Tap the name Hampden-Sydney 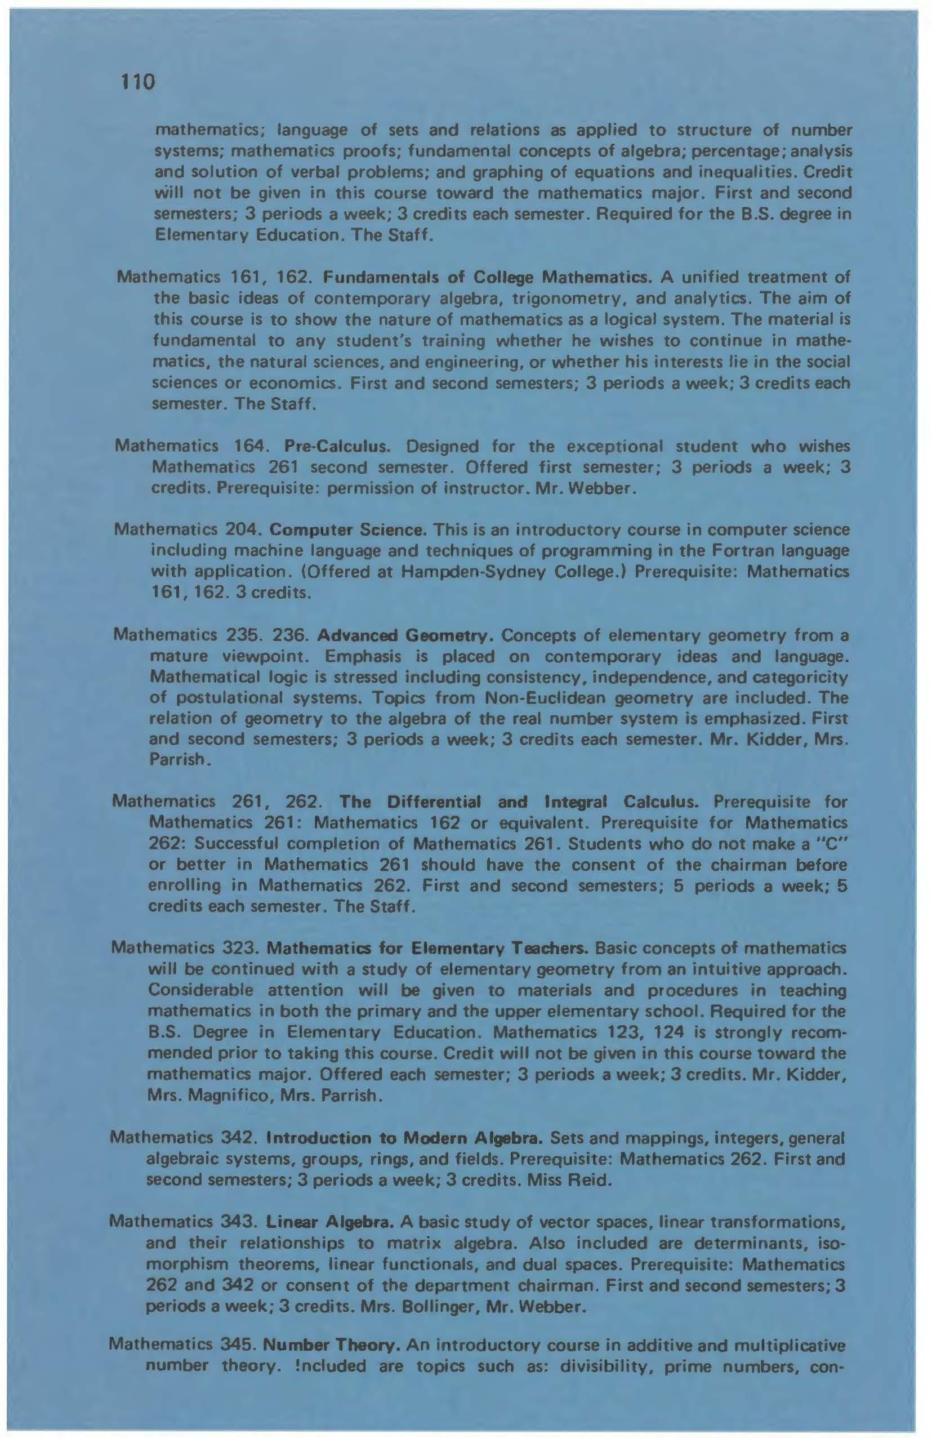click(x=458, y=572)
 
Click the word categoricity click(x=804, y=677)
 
